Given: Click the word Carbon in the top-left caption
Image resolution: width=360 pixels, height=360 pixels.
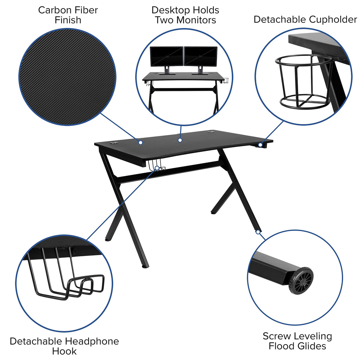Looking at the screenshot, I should (53, 10).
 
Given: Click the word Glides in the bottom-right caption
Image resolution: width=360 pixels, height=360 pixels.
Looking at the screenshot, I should (311, 346).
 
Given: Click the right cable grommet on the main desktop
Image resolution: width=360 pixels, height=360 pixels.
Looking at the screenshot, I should (211, 133).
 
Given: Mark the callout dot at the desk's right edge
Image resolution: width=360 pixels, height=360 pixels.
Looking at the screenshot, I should (260, 144).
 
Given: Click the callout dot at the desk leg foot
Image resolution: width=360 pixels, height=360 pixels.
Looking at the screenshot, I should (258, 232).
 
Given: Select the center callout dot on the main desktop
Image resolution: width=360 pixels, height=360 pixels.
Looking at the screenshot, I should (180, 140).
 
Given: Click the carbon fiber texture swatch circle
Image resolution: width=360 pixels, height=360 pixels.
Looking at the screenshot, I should (67, 77).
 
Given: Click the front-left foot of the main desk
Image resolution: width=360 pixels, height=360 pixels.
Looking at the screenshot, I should (145, 266).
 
